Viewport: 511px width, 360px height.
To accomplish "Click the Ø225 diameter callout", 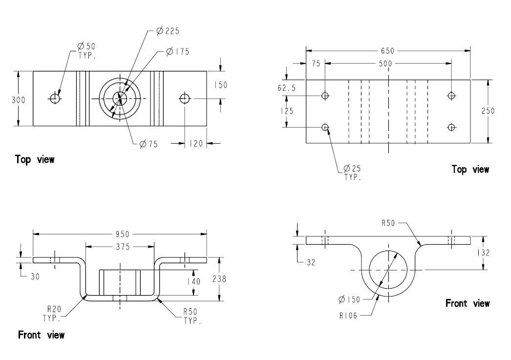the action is pos(168,31).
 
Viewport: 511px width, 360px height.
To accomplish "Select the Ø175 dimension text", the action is pos(178,51).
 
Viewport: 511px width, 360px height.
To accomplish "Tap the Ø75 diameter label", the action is pos(149,144).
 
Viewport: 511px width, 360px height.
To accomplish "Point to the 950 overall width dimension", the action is pos(123,234).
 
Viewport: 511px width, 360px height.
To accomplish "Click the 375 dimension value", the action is pos(123,247).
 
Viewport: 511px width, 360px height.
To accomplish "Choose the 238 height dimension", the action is pos(219,279).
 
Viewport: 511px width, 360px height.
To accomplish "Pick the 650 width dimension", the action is pos(387,51).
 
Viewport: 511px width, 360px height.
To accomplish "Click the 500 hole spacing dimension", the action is pos(385,64).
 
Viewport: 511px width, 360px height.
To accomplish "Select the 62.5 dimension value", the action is pos(287,88).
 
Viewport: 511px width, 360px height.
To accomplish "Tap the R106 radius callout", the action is pos(348,316).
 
